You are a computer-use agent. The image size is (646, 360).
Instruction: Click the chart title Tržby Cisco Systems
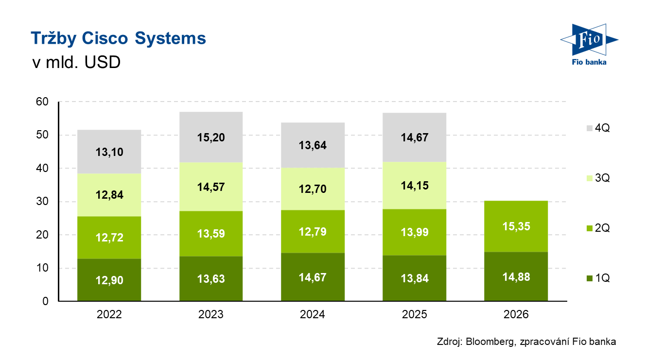(x=118, y=38)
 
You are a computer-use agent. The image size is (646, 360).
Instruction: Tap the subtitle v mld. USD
(x=75, y=63)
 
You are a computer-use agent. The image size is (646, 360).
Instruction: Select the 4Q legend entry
(x=597, y=128)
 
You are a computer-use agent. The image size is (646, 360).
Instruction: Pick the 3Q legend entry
(x=597, y=178)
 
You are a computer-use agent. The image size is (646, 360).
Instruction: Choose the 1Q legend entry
(x=597, y=278)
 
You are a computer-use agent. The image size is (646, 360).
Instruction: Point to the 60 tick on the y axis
(x=42, y=102)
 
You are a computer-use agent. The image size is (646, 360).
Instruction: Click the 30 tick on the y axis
(x=42, y=202)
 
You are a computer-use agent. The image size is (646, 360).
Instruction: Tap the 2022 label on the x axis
(x=109, y=315)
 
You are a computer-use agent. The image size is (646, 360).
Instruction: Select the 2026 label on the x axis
(x=516, y=315)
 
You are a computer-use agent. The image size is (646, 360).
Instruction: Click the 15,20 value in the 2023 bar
(x=211, y=137)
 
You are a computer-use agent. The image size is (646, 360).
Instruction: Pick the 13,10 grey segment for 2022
(x=109, y=152)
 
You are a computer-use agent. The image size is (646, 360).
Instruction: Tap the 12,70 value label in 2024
(x=313, y=188)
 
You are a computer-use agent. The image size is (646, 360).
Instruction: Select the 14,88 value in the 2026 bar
(x=516, y=277)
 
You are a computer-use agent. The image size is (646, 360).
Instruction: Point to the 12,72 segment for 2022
(x=109, y=238)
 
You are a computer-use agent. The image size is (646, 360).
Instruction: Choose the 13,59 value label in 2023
(x=211, y=234)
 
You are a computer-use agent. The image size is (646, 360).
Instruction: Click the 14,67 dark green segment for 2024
(x=313, y=277)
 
